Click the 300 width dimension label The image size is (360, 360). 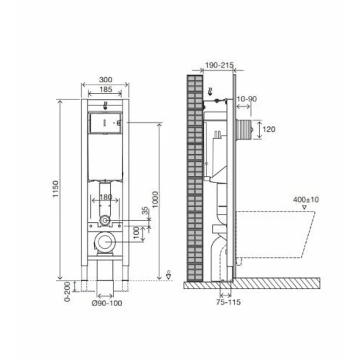(105, 80)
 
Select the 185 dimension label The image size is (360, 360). (105, 89)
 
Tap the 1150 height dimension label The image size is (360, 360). (56, 189)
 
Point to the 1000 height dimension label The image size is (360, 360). (156, 199)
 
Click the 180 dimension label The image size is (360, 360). (106, 197)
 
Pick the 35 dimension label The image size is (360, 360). (145, 211)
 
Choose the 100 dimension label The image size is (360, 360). (136, 232)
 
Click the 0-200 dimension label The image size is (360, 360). (67, 292)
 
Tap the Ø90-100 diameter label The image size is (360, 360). (107, 303)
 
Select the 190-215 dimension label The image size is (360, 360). (219, 65)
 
